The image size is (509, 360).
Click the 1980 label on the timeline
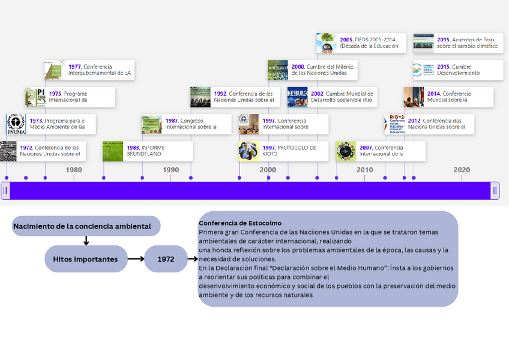click(x=74, y=170)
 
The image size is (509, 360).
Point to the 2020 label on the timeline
click(x=462, y=170)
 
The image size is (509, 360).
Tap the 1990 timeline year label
click(x=171, y=170)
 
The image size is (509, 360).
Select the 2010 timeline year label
click(x=365, y=170)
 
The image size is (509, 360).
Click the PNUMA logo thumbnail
click(x=16, y=124)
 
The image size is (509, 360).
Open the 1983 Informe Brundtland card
click(x=148, y=151)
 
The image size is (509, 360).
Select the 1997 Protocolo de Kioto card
click(x=283, y=151)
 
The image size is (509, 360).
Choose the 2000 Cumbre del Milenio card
click(x=312, y=70)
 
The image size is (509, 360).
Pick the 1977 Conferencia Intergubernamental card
click(x=89, y=70)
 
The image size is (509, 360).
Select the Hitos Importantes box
click(x=86, y=259)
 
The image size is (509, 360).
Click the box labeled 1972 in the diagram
click(x=166, y=259)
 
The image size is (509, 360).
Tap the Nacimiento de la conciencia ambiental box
click(x=86, y=226)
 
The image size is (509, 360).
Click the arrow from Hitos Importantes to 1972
click(x=136, y=259)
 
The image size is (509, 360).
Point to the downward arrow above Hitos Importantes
click(x=86, y=241)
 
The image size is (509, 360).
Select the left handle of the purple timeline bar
click(x=5, y=191)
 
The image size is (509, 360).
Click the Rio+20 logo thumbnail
click(x=396, y=124)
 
